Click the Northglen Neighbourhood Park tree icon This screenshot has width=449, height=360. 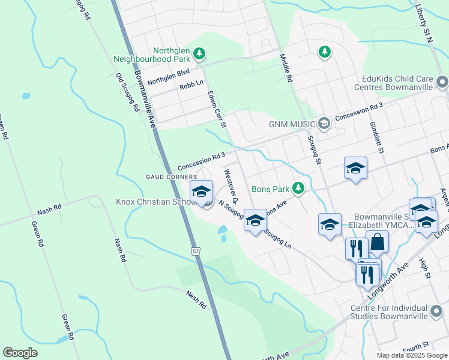click(x=199, y=56)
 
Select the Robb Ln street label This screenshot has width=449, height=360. click(x=191, y=86)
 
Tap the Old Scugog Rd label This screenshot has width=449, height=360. click(x=127, y=93)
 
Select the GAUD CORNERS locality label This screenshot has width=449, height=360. click(x=171, y=177)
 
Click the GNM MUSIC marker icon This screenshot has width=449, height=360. click(x=324, y=124)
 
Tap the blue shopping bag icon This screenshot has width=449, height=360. click(x=377, y=242)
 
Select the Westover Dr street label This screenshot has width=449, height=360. click(x=232, y=186)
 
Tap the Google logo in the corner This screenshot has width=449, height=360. click(x=20, y=353)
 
